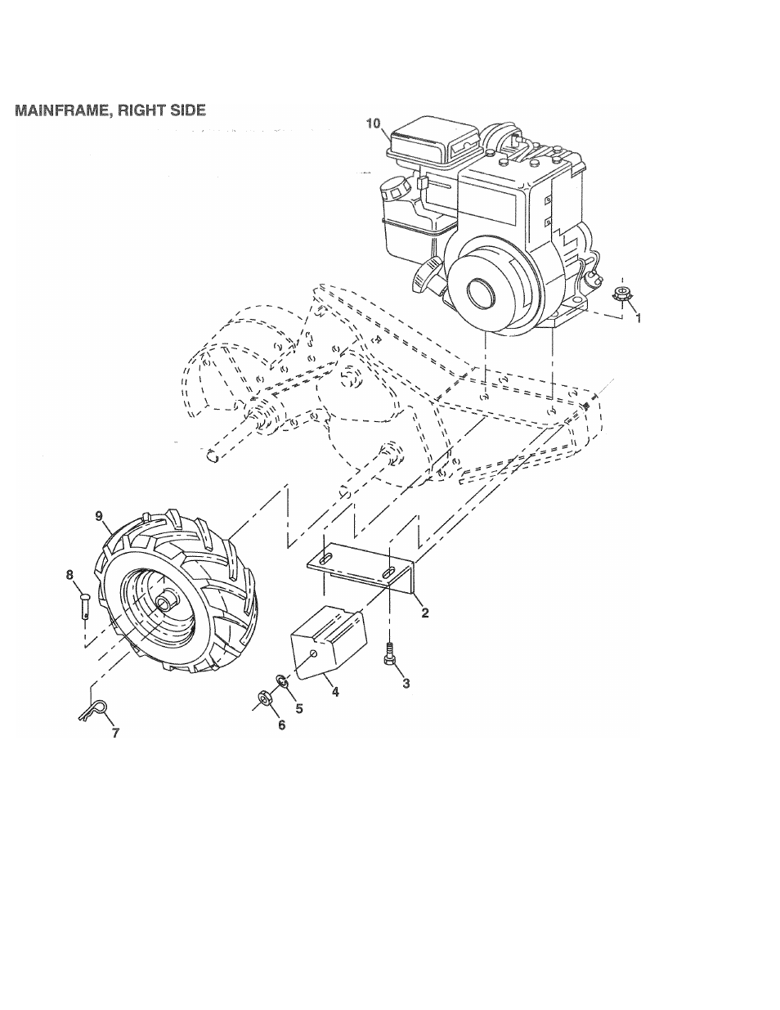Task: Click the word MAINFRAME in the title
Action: [x=63, y=110]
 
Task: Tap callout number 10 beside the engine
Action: [x=373, y=123]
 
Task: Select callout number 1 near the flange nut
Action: [x=638, y=318]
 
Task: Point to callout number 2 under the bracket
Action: [x=424, y=613]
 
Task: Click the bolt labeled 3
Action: [x=390, y=653]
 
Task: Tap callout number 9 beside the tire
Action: [x=99, y=516]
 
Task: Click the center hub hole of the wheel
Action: [x=164, y=604]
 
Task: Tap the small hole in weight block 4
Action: [x=314, y=654]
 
